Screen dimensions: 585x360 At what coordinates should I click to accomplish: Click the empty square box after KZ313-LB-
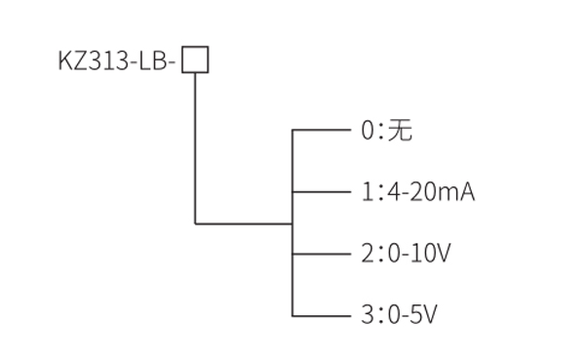195,60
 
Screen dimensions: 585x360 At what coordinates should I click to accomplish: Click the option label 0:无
386,130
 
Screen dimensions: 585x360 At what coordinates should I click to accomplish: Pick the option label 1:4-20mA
417,192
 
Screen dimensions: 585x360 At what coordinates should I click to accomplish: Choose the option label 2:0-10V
407,254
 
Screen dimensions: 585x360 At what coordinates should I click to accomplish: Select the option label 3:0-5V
400,315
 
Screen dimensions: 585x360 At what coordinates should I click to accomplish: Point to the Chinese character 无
400,130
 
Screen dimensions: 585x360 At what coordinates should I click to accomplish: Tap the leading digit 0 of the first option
368,130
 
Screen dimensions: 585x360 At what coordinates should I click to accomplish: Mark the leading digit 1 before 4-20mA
368,192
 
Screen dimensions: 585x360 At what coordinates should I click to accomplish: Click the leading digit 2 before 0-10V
368,254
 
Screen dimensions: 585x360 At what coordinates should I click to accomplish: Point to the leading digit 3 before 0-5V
368,315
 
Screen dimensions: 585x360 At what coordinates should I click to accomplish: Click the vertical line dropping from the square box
195,146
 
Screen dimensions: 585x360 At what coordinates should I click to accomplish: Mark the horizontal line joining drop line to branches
244,223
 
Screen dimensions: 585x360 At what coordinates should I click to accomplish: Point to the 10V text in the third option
436,254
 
